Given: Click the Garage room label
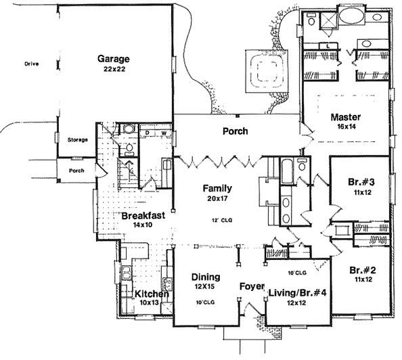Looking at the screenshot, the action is [114, 60].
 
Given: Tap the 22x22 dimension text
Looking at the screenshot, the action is [114, 69].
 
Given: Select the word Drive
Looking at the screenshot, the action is [32, 64].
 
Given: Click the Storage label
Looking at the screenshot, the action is [78, 140].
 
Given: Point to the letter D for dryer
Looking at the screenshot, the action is [148, 133].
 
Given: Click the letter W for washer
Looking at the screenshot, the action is [164, 133].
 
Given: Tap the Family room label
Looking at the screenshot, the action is [217, 189].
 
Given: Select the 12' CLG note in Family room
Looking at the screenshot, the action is [222, 220].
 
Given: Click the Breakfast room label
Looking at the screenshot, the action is [143, 216].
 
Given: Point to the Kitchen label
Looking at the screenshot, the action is [152, 294].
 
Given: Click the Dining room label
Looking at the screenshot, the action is [206, 277].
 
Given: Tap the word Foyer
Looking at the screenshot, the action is [252, 286].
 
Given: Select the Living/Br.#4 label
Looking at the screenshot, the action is [297, 293].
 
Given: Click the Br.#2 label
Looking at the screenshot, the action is [363, 270].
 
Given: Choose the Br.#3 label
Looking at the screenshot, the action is [361, 182].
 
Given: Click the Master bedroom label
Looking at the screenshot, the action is [346, 117].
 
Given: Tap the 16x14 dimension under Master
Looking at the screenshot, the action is [346, 127].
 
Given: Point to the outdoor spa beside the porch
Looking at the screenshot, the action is [267, 71].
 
